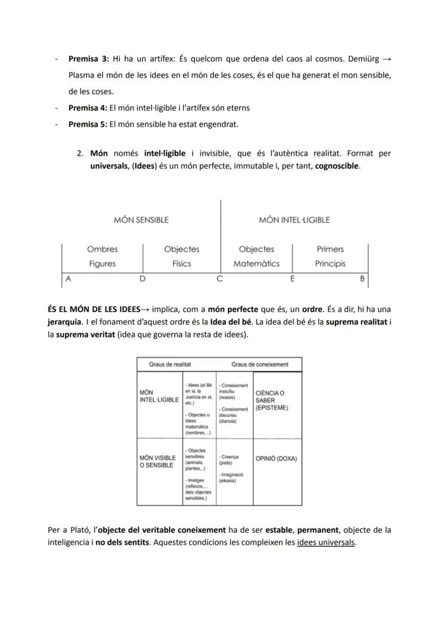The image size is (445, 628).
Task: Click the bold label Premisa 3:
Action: (x=89, y=58)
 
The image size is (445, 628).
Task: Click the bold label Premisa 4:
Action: (x=88, y=107)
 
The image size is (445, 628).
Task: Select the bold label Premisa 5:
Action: (x=88, y=124)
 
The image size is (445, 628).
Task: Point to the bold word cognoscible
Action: (x=337, y=166)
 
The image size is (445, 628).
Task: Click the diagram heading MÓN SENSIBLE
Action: (x=141, y=220)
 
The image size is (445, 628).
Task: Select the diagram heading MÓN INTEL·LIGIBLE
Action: (x=294, y=220)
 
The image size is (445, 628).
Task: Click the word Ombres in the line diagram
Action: (x=102, y=249)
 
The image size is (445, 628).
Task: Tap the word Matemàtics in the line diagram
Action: (x=256, y=264)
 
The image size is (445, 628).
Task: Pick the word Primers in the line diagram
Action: (x=330, y=249)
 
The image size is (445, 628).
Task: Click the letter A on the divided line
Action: (x=68, y=279)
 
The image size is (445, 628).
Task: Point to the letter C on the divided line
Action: (x=219, y=279)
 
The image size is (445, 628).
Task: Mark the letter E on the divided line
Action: (x=292, y=279)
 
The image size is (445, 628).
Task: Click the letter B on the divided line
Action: (x=362, y=279)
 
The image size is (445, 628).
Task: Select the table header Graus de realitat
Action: (x=170, y=364)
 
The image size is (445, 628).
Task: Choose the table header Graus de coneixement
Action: (x=260, y=364)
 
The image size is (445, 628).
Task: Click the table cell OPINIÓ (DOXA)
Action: (x=276, y=459)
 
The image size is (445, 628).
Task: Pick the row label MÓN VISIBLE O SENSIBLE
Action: (x=157, y=461)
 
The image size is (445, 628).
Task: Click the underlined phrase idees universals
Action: (x=326, y=542)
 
